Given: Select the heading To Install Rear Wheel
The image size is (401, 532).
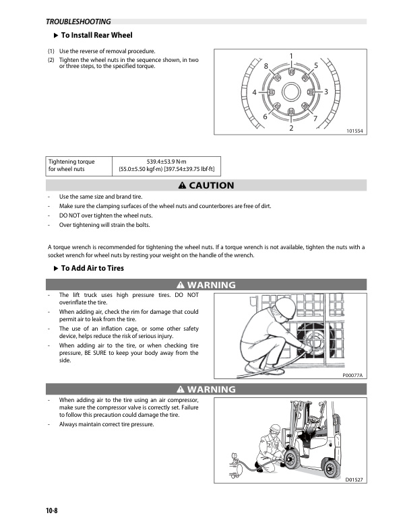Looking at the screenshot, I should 96,35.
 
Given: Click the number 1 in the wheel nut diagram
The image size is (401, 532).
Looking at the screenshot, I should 290,55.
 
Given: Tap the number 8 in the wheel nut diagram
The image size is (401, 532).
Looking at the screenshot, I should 266,65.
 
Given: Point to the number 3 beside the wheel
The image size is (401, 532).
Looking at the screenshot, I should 326,91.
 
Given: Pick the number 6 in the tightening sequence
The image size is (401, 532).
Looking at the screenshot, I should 265,117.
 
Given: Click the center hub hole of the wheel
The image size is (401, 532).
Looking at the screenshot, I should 290,91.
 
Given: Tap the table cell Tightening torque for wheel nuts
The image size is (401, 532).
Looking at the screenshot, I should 71,166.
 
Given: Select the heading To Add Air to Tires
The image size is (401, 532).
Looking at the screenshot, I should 92,268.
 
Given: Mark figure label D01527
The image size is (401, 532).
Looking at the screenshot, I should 354,479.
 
